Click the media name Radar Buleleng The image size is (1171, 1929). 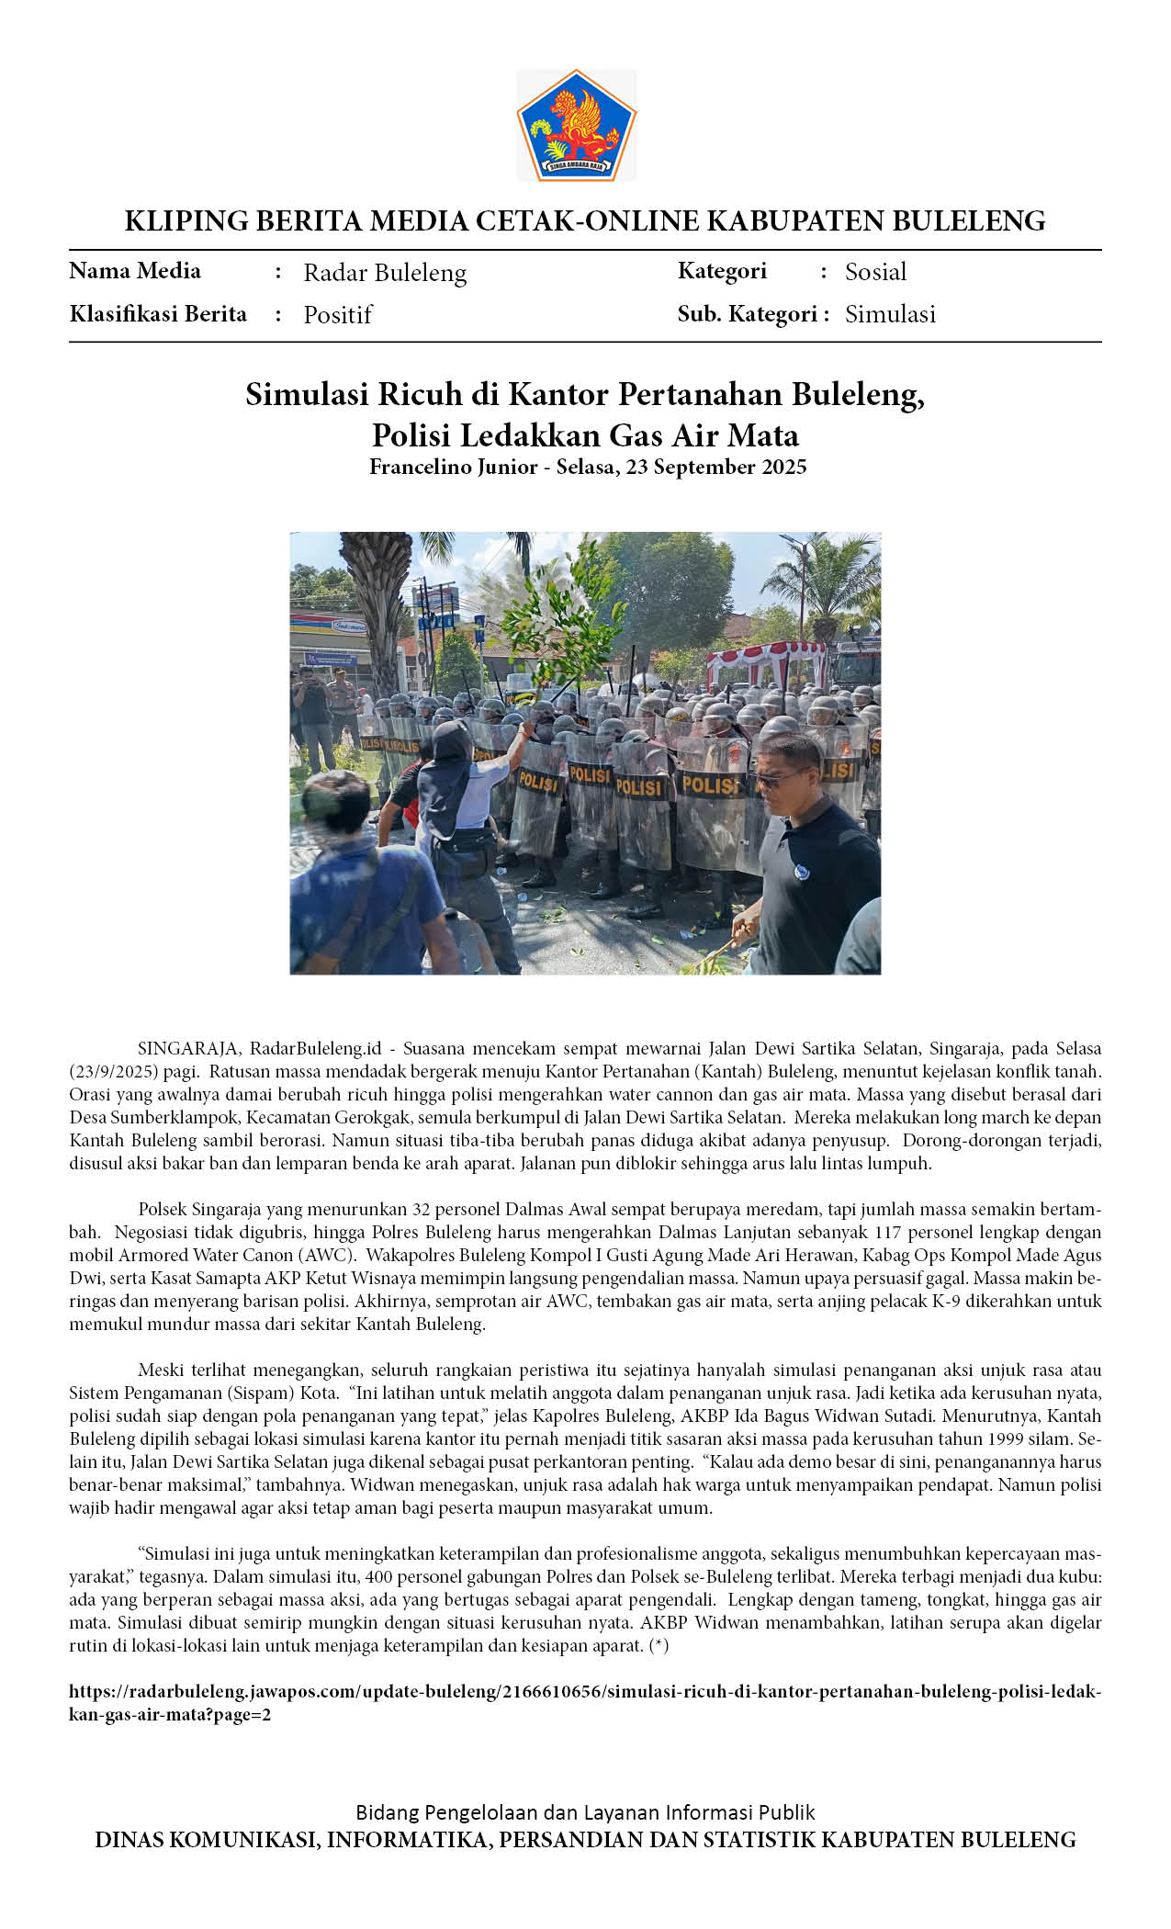tap(385, 273)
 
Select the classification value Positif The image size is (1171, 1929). tap(337, 315)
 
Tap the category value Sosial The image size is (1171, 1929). tap(875, 272)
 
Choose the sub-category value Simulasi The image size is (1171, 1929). tap(890, 314)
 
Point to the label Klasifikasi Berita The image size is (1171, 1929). tap(158, 314)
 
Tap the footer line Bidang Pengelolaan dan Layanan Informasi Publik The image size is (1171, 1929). tap(585, 1812)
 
